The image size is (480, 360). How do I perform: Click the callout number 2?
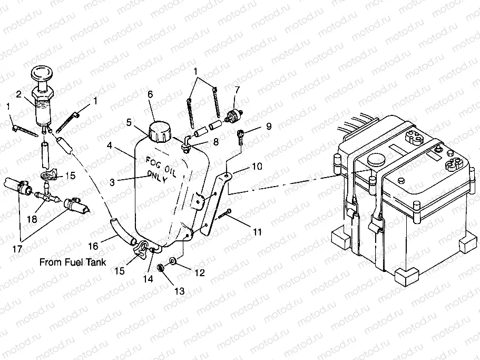[18, 94]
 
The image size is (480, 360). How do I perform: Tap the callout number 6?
[150, 94]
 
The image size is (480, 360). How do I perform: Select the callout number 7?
[237, 90]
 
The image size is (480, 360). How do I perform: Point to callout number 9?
[268, 127]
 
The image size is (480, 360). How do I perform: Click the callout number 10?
[257, 167]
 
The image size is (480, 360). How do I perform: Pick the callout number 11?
[257, 231]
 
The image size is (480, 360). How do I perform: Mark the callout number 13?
[180, 290]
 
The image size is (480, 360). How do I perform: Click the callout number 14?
[149, 279]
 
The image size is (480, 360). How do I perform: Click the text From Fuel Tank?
[73, 262]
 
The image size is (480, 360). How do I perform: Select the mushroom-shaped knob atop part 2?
[43, 74]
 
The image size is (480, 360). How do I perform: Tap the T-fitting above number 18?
[46, 197]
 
